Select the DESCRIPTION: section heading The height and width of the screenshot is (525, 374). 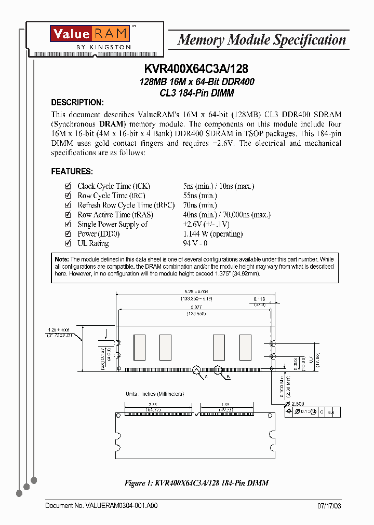tap(77, 102)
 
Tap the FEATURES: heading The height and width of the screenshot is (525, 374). tap(72, 171)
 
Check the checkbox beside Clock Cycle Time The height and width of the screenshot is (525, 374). tap(67, 186)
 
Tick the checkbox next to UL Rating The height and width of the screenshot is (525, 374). tap(67, 243)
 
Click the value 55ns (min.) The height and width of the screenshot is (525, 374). tap(200, 196)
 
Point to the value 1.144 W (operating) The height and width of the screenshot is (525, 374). tap(212, 234)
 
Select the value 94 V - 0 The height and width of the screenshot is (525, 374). tap(195, 243)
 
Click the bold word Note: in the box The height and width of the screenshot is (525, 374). tap(62, 259)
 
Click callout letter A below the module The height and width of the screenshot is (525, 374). tap(206, 377)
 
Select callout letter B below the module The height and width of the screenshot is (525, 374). tap(228, 377)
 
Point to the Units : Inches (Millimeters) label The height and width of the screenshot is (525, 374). tap(154, 394)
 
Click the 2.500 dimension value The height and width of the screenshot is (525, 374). tap(298, 404)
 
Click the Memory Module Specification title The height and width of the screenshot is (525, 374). tap(262, 40)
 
